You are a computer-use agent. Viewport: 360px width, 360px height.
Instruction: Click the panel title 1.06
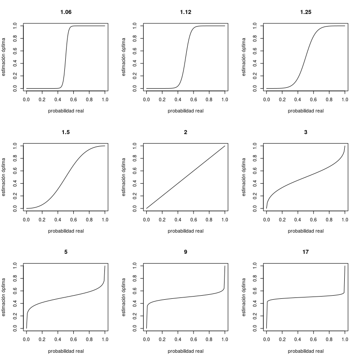(66, 12)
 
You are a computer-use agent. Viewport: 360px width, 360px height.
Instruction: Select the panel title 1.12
(185, 12)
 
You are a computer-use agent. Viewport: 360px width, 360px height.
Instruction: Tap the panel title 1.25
(306, 12)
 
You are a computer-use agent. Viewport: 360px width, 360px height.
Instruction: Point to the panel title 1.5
(66, 132)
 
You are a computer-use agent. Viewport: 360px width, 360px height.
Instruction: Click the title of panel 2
(185, 132)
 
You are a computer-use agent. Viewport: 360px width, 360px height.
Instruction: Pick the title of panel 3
(306, 132)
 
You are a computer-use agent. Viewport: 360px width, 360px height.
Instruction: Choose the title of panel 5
(66, 252)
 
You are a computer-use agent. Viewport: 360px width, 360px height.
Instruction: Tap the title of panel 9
(185, 252)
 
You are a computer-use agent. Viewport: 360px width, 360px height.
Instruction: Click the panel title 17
(306, 252)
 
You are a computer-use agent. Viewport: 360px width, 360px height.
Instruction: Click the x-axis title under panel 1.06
(66, 111)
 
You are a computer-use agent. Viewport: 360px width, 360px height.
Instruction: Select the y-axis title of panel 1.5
(4, 177)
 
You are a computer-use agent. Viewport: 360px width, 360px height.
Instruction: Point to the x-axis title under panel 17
(306, 351)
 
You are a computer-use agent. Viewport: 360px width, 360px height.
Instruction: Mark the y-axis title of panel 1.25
(244, 57)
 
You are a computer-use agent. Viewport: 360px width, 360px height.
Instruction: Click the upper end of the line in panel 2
(225, 146)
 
